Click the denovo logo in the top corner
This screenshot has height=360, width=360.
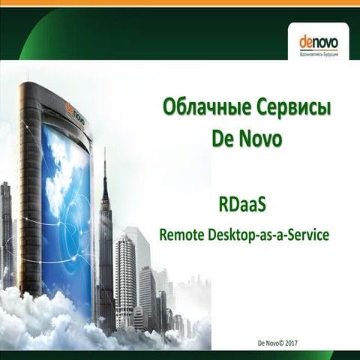pyautogui.click(x=318, y=40)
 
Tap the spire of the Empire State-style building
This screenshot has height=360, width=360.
pyautogui.click(x=104, y=161)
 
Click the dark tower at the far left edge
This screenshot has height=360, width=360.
pyautogui.click(x=6, y=232)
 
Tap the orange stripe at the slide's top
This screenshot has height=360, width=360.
pyautogui.click(x=180, y=3)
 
